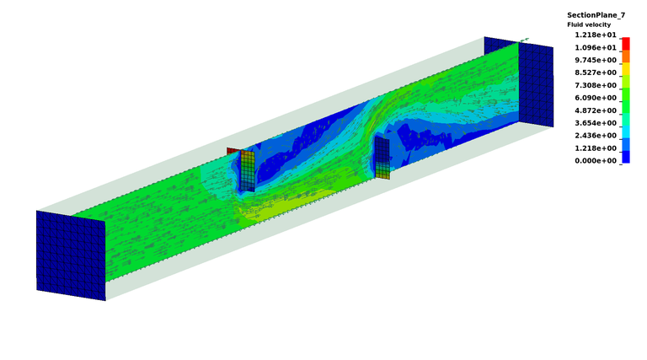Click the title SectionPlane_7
[x=596, y=15]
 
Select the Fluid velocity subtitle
[x=589, y=24]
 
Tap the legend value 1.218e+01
[x=596, y=35]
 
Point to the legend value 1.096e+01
[x=596, y=47]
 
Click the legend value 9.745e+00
[x=596, y=60]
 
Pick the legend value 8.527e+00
[x=596, y=73]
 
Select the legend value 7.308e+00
[x=596, y=85]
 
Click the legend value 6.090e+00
[x=596, y=98]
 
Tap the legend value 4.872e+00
[x=596, y=110]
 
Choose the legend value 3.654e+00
[x=596, y=123]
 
